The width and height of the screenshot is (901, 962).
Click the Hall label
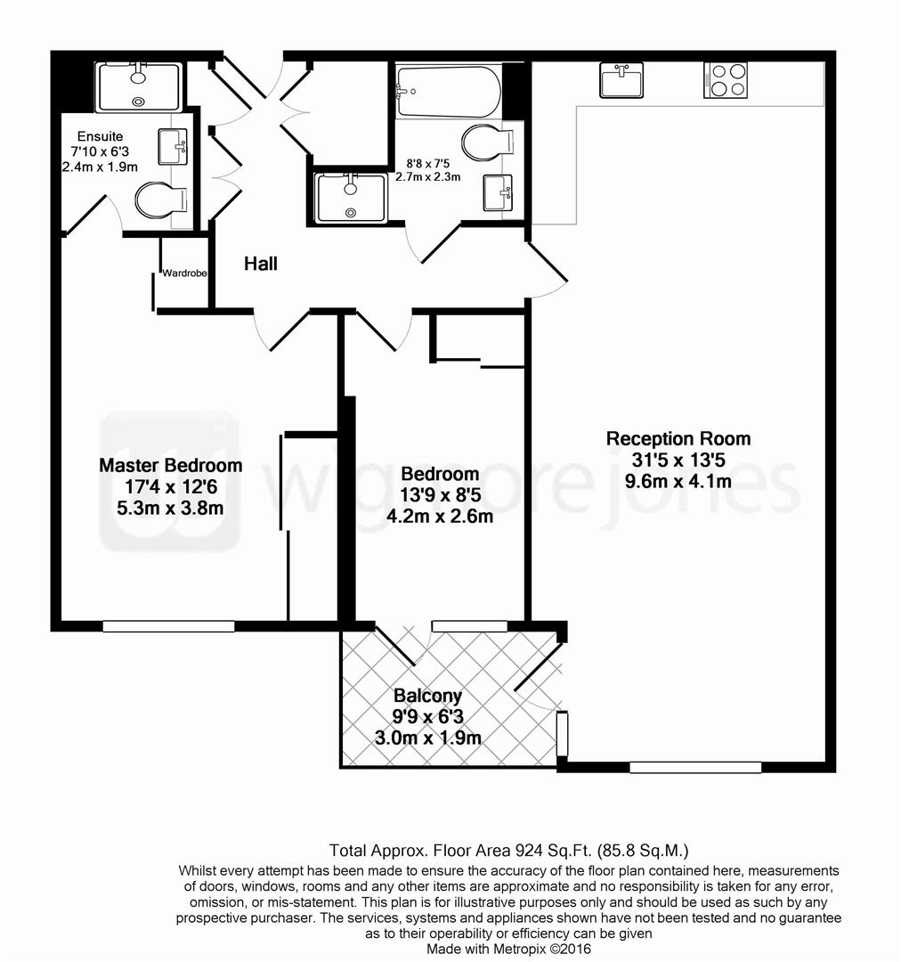pyautogui.click(x=261, y=264)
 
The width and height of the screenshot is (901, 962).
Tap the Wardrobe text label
pyautogui.click(x=184, y=273)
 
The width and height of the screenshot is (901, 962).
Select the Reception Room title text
pyautogui.click(x=678, y=438)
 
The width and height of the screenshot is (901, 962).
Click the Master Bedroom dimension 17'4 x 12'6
pyautogui.click(x=170, y=487)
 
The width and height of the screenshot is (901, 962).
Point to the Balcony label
pyautogui.click(x=428, y=697)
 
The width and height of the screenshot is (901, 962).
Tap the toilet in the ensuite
pyautogui.click(x=161, y=200)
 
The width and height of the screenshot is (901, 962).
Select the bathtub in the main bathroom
pyautogui.click(x=448, y=91)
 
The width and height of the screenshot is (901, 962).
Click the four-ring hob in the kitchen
pyautogui.click(x=726, y=80)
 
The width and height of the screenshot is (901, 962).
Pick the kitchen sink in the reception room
pyautogui.click(x=621, y=80)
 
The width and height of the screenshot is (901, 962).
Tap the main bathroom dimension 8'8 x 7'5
pyautogui.click(x=428, y=163)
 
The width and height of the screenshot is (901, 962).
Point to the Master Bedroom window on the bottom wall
pyautogui.click(x=168, y=626)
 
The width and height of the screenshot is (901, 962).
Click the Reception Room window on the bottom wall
pyautogui.click(x=695, y=767)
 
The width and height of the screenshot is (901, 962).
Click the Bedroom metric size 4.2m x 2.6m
pyautogui.click(x=440, y=516)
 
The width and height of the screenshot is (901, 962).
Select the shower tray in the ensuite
pyautogui.click(x=138, y=86)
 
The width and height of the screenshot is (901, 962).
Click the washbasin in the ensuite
pyautogui.click(x=173, y=146)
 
